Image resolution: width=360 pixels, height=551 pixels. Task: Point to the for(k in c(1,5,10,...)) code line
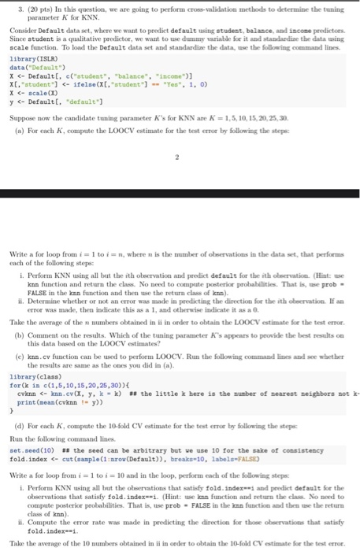click(x=60, y=363)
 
